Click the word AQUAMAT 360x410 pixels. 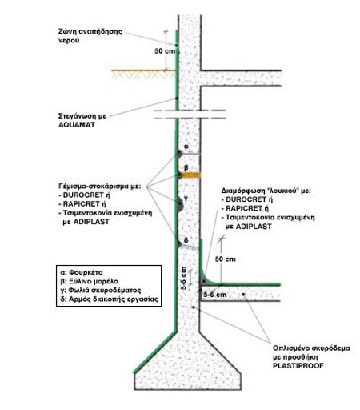pos(77,125)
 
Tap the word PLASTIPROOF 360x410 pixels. pos(298,365)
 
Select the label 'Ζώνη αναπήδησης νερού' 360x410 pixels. pos(90,36)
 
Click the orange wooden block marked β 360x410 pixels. pos(190,175)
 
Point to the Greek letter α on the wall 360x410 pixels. pos(186,147)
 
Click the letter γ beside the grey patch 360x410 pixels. pos(186,199)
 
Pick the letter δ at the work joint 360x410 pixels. pos(186,240)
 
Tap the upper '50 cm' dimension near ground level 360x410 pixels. pos(165,50)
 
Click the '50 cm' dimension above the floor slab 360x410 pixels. pos(226,259)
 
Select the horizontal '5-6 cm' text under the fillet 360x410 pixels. pos(215,295)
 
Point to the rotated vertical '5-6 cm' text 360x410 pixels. pos(184,278)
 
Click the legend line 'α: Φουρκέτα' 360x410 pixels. pos(82,272)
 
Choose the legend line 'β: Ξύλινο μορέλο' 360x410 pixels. pos(90,281)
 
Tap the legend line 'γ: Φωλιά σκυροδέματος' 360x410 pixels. pos(101,290)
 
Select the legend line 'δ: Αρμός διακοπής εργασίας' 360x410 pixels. pos(110,299)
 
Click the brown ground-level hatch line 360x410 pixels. pos(143,70)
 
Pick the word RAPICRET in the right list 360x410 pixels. pos(244,208)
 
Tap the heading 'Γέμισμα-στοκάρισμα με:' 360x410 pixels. pos(99,186)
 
